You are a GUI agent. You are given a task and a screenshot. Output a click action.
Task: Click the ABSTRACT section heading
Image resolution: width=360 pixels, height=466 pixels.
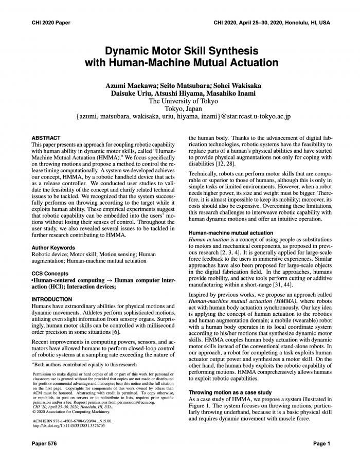46,138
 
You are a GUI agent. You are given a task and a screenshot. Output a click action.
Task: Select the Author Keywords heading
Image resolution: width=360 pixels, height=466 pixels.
56,247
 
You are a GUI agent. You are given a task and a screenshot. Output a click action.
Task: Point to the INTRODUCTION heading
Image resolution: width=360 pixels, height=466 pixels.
52,299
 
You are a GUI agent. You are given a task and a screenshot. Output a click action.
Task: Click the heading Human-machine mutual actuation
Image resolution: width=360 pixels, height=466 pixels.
231,233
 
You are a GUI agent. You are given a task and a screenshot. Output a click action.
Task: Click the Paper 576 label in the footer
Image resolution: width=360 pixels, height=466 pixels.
44,443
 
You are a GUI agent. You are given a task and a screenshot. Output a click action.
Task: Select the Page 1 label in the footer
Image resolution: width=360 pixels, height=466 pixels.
321,443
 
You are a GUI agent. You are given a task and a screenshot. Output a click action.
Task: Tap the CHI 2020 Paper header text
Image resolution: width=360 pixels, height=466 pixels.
50,23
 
